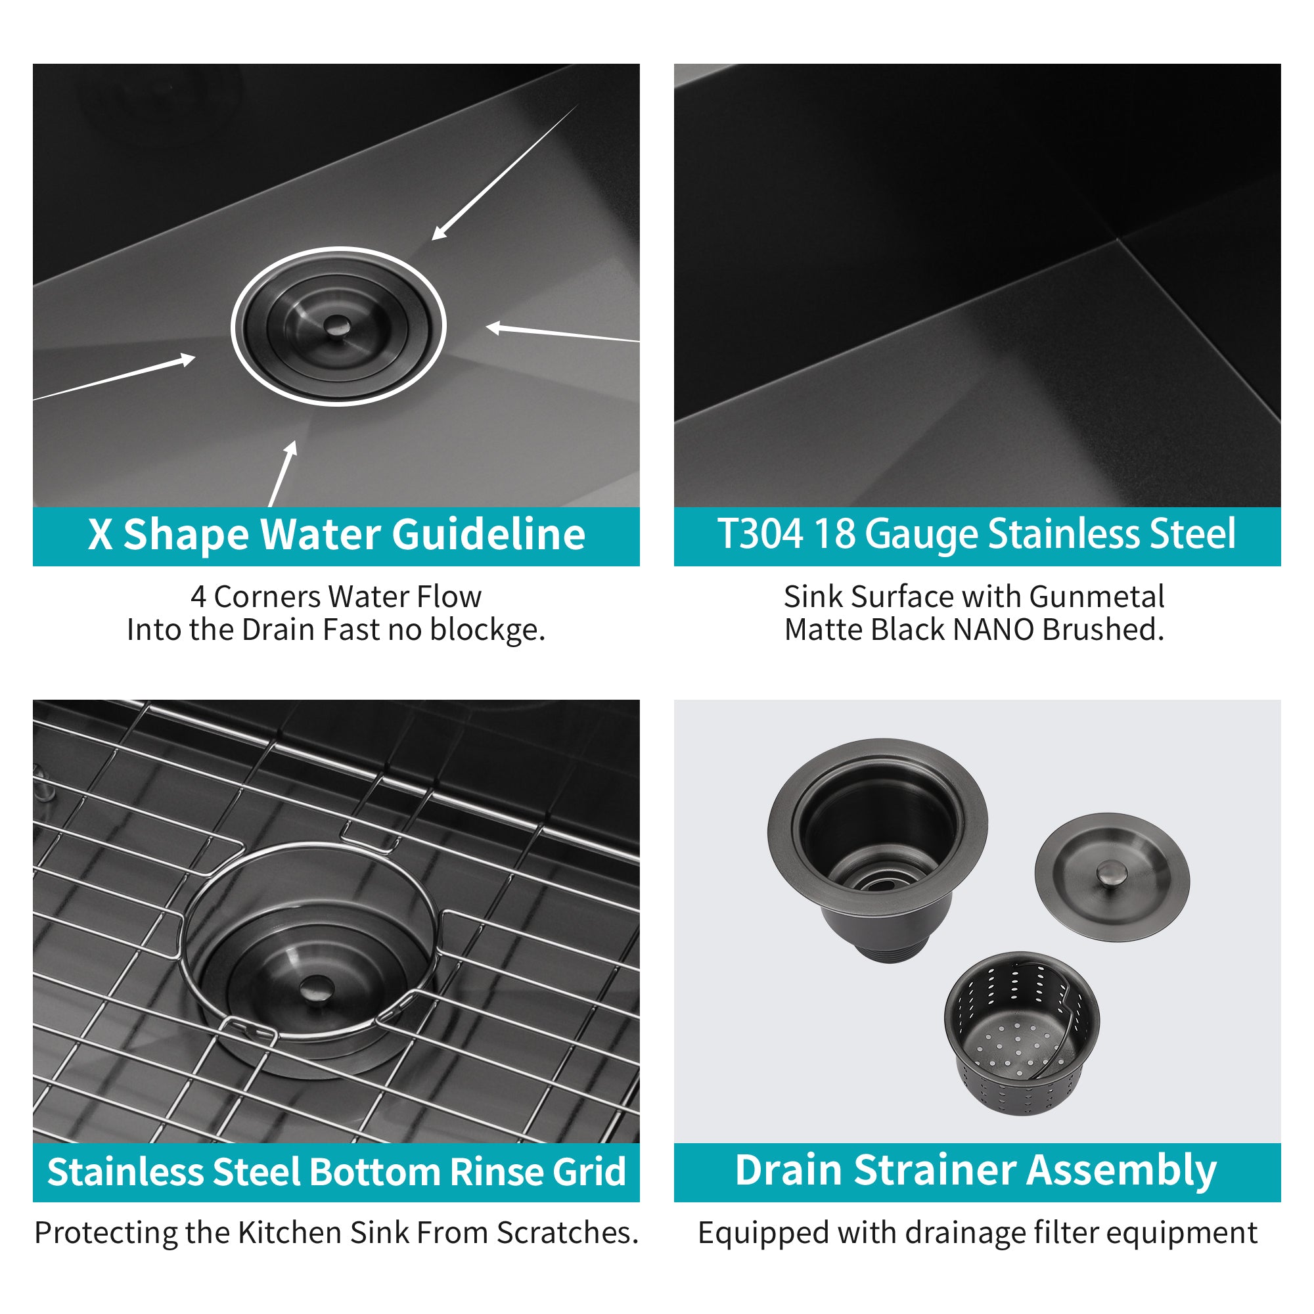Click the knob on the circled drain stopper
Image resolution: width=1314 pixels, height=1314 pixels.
tap(335, 326)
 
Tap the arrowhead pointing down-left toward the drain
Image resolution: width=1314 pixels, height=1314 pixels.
tap(440, 232)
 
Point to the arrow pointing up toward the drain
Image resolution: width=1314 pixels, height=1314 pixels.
tap(284, 473)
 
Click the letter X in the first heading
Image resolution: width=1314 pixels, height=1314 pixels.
tap(101, 534)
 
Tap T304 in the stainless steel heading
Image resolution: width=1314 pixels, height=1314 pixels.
tap(760, 534)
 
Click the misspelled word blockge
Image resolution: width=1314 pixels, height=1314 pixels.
tap(487, 631)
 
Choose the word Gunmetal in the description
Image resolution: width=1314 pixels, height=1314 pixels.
tap(1097, 597)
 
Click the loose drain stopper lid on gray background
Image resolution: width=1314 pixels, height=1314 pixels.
tap(1112, 877)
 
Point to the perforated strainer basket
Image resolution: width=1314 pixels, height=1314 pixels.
tap(1021, 1033)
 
